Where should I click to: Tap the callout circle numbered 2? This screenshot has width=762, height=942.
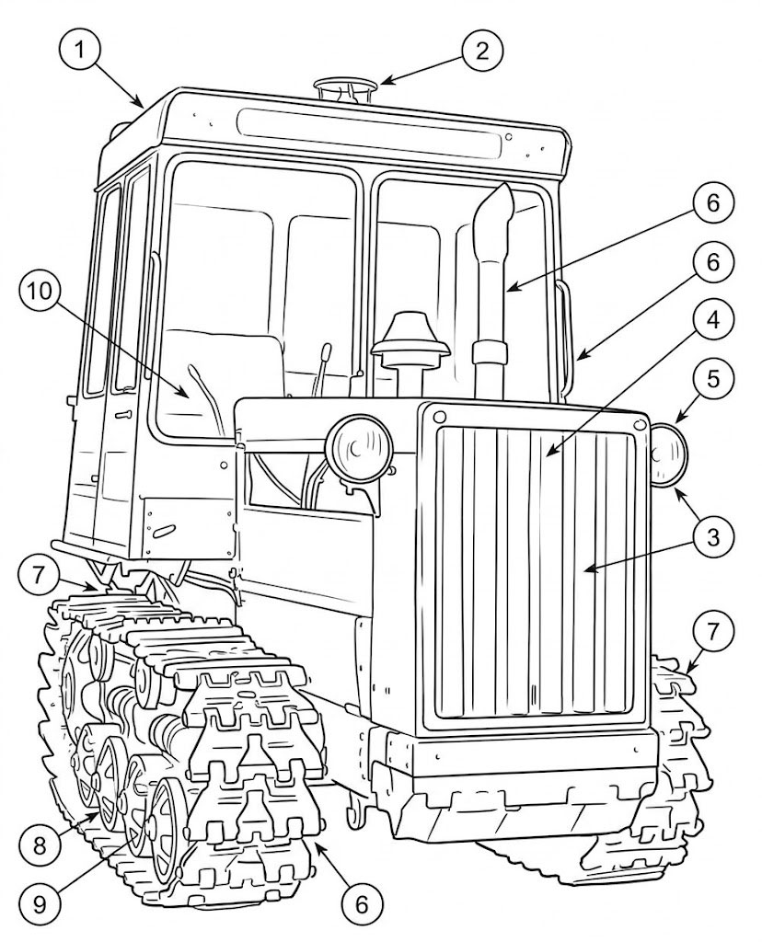coord(482,52)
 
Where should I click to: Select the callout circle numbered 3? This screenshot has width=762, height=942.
coord(712,536)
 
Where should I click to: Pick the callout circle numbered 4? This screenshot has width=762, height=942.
coord(712,321)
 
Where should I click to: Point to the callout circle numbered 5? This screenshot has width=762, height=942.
coord(712,380)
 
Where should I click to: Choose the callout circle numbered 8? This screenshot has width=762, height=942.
coord(40,846)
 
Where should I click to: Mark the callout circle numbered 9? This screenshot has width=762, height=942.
coord(40,905)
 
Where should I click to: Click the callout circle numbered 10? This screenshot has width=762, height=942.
coord(40,292)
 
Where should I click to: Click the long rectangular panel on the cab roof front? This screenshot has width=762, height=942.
coord(368,133)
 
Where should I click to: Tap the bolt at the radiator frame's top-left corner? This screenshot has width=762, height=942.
coord(439,417)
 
